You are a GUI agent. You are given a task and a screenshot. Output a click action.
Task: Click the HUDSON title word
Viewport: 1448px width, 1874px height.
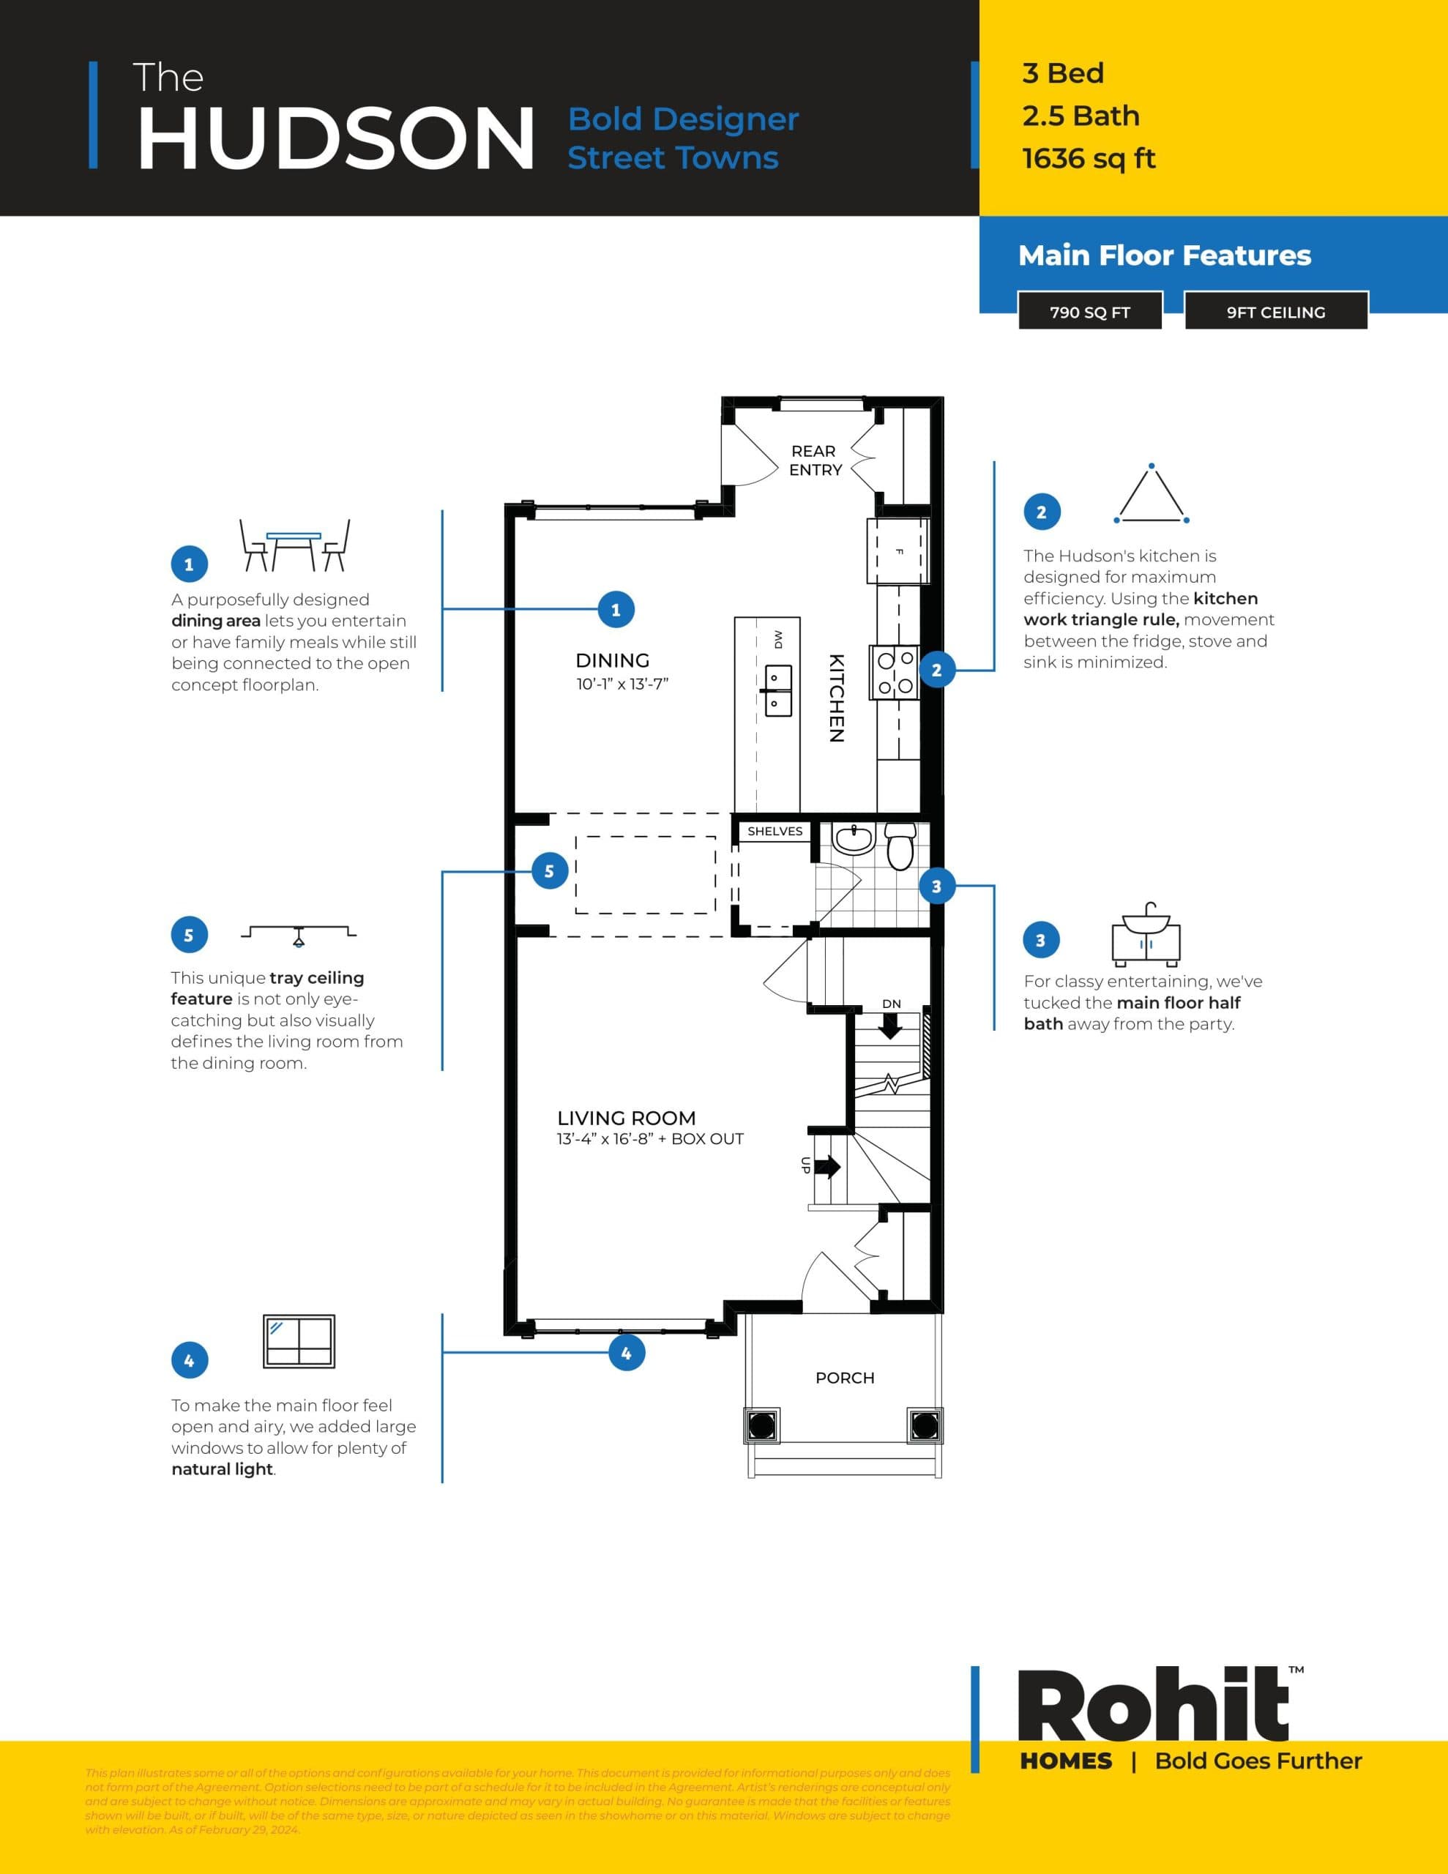[335, 139]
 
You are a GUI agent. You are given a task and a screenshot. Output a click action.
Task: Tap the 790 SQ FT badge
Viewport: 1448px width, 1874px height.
[1089, 313]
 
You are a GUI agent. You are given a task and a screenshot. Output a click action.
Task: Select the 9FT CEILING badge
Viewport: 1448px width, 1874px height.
[1275, 313]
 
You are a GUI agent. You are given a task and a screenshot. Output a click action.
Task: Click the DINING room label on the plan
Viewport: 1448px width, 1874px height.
[612, 660]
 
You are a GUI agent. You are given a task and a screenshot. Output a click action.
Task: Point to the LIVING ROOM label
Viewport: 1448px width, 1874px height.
[626, 1118]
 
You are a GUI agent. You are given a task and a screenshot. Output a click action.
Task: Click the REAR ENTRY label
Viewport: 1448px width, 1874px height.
[815, 460]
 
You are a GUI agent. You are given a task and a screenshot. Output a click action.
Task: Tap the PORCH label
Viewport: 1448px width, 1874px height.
[845, 1377]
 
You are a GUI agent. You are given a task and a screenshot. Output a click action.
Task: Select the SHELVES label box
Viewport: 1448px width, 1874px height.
[775, 831]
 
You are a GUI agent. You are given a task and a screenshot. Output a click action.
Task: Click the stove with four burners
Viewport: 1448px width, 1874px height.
[895, 672]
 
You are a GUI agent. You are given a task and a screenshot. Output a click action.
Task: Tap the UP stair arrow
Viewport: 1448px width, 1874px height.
[827, 1166]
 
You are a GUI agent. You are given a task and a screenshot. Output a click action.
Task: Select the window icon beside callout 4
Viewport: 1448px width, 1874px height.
[298, 1341]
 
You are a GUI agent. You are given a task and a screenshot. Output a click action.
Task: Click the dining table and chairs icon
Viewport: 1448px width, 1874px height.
[294, 545]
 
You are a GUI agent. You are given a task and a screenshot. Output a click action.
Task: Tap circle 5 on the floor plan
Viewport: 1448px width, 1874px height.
[549, 871]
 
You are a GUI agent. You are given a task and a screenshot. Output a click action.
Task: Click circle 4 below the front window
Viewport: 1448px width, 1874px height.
[627, 1352]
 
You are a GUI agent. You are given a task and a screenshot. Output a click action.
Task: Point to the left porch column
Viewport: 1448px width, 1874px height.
[761, 1425]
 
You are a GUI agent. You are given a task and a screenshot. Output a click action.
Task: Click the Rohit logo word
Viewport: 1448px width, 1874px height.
[1152, 1709]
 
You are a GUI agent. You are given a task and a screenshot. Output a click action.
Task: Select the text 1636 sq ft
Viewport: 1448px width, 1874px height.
[1089, 159]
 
